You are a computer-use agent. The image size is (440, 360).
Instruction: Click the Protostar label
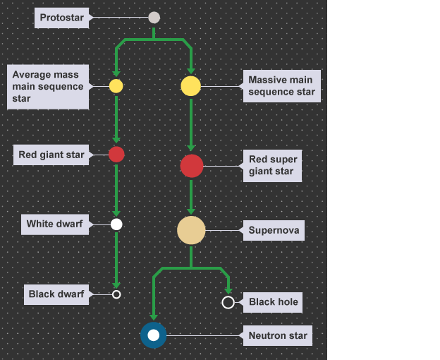click(x=62, y=18)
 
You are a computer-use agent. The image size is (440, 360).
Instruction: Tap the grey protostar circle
click(x=154, y=18)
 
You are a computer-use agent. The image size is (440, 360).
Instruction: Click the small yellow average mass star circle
click(x=116, y=86)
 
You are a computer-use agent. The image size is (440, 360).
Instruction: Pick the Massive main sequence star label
click(x=281, y=86)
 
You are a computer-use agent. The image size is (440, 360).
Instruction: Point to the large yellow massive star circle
click(x=191, y=86)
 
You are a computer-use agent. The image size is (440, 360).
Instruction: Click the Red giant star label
click(x=51, y=155)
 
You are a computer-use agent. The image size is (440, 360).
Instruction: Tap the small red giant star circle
click(x=116, y=155)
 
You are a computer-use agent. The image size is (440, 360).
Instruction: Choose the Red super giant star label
click(x=272, y=166)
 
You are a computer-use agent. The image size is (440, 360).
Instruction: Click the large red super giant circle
click(x=192, y=166)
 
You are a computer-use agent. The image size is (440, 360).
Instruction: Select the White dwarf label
click(x=54, y=224)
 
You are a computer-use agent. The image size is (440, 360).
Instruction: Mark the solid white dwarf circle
click(x=116, y=224)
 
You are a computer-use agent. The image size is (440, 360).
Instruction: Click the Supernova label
click(x=274, y=230)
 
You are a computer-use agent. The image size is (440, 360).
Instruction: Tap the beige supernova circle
click(x=191, y=230)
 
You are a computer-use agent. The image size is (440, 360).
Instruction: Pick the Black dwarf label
click(x=56, y=294)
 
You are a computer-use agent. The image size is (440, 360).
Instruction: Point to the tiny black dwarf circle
click(x=116, y=294)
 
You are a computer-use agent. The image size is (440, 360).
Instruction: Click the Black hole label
click(x=274, y=302)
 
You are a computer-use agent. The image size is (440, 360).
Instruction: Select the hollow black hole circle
click(x=228, y=302)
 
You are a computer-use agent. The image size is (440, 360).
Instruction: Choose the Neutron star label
click(x=278, y=335)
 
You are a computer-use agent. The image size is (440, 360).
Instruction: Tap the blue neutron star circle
click(x=153, y=335)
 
